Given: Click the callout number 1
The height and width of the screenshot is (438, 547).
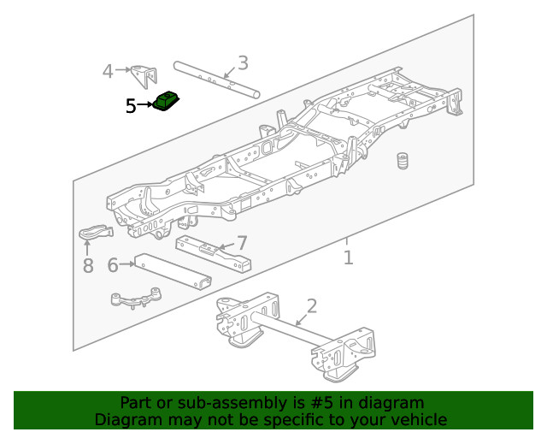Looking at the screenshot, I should [x=348, y=257].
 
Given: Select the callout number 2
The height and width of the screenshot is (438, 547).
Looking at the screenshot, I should [x=311, y=306].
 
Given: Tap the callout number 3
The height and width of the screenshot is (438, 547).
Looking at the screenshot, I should [x=243, y=62].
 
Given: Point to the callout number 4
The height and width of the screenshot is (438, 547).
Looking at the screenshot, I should [x=108, y=71].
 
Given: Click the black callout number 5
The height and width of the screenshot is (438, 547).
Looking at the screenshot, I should [x=131, y=106].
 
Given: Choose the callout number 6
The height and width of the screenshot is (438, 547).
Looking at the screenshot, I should [x=113, y=265].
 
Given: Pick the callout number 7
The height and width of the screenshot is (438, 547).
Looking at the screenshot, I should [x=242, y=243].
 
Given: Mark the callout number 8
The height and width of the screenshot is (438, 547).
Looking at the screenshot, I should [x=88, y=266].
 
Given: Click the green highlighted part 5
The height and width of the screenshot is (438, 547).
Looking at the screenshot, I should [x=167, y=102].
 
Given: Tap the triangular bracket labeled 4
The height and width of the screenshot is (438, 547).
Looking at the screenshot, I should [x=142, y=74].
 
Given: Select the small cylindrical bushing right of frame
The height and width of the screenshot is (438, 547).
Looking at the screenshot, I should [x=401, y=162].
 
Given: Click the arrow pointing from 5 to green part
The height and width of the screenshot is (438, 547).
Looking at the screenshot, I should [x=144, y=106].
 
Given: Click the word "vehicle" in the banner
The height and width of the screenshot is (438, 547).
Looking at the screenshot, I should [x=420, y=419].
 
